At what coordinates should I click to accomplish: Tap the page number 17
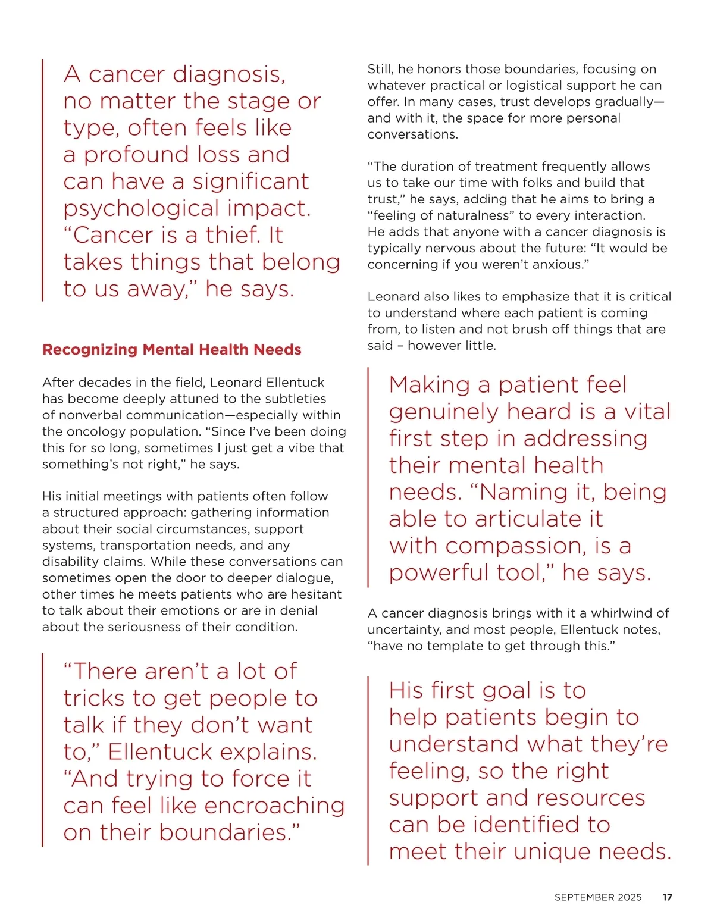(668, 897)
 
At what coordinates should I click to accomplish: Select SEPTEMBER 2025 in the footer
(598, 897)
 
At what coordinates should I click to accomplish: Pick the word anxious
(557, 264)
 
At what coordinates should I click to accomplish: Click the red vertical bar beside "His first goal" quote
(368, 770)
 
